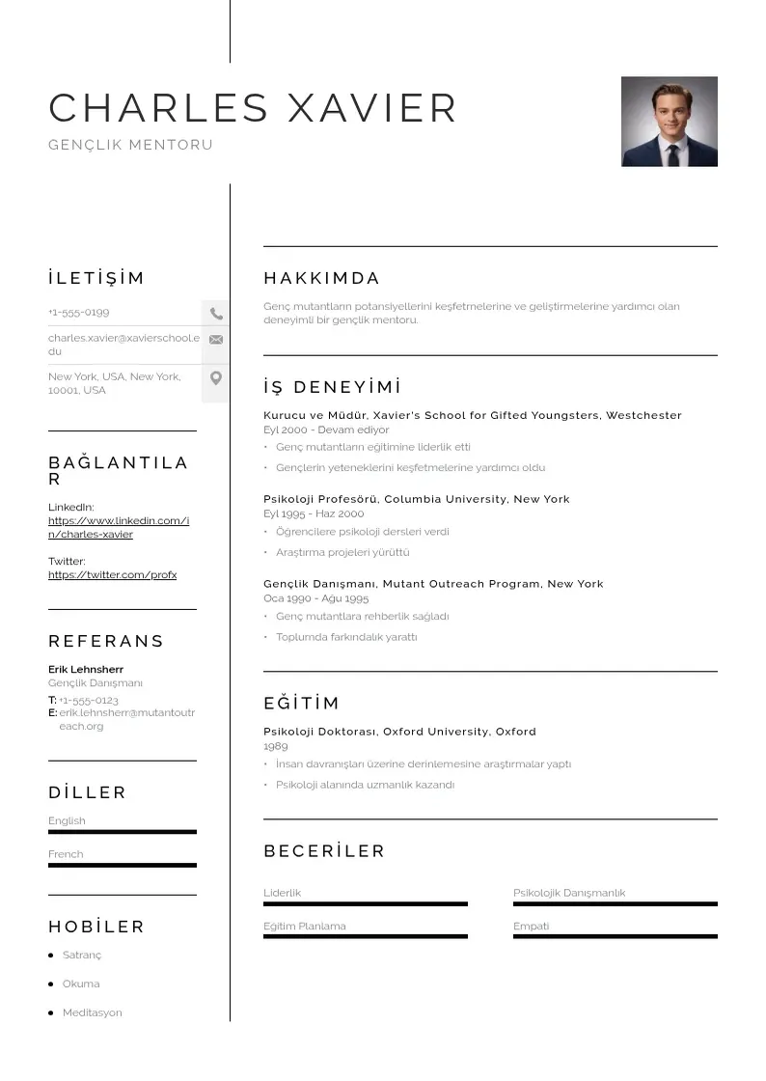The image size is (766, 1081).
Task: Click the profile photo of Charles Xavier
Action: tap(669, 122)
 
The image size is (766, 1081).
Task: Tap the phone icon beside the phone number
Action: tap(216, 314)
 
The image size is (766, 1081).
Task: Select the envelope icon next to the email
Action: tap(216, 340)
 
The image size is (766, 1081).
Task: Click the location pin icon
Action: tap(216, 377)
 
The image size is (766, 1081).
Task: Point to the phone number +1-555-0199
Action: tap(79, 313)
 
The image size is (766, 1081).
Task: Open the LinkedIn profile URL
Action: tap(119, 528)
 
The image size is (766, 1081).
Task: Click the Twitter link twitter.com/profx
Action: tap(112, 575)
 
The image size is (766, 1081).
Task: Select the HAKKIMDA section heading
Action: tap(322, 279)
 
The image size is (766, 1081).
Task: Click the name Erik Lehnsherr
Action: tap(86, 670)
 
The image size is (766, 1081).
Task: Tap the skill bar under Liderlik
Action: tap(365, 904)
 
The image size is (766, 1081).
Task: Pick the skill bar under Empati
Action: tap(615, 936)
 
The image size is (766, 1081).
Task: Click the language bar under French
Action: tap(123, 865)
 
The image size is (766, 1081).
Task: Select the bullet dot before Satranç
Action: tap(50, 956)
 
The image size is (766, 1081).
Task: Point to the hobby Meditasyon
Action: tap(93, 1013)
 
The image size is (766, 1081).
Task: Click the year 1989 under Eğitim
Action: tap(276, 747)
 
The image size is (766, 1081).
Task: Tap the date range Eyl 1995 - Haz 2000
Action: tap(314, 514)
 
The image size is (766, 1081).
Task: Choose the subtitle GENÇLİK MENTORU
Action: tap(130, 145)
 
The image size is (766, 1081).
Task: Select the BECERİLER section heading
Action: tap(324, 851)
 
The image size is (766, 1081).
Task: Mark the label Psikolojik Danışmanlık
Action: tap(569, 894)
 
